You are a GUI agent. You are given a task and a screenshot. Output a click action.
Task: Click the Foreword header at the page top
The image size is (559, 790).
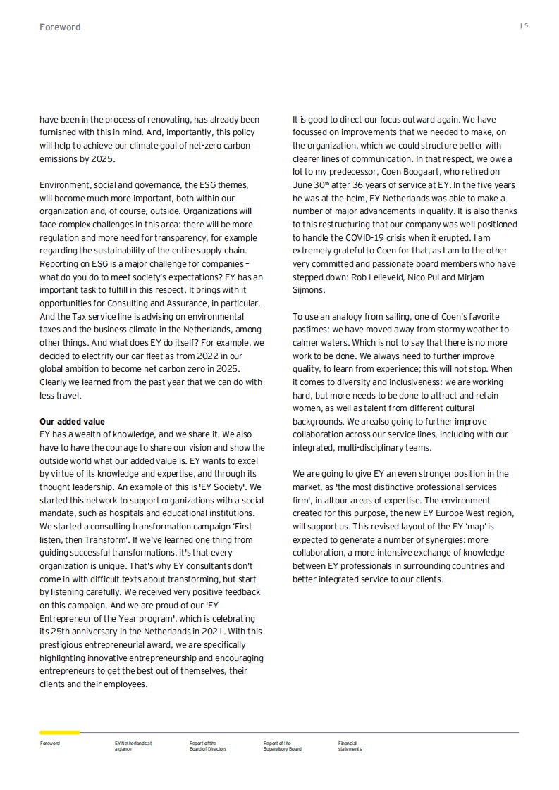[x=60, y=27]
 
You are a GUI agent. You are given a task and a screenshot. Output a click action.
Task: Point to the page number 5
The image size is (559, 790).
[x=526, y=25]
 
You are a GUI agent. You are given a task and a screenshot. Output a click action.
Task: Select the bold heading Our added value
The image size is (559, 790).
[x=72, y=422]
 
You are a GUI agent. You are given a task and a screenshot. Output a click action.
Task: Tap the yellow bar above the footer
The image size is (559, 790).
[x=60, y=732]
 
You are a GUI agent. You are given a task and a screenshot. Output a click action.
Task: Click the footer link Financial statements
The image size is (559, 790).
[x=350, y=746]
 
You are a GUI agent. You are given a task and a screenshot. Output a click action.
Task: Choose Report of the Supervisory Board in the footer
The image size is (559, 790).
[x=282, y=746]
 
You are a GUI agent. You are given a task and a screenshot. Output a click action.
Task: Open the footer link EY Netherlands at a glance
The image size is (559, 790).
[x=133, y=746]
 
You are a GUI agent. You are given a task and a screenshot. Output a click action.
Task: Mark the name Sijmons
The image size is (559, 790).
[x=309, y=290]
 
